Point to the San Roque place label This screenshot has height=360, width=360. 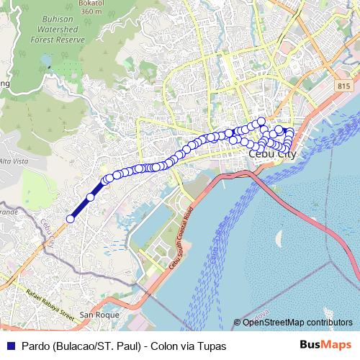(97, 315)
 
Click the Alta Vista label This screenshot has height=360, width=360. (14, 161)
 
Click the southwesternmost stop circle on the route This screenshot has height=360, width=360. (71, 219)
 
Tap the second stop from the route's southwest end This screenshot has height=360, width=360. (91, 197)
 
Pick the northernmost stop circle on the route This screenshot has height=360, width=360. (261, 121)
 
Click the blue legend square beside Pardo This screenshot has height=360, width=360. (6, 346)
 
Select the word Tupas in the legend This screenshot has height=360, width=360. (212, 346)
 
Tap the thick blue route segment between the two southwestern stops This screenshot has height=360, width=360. (81, 208)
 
